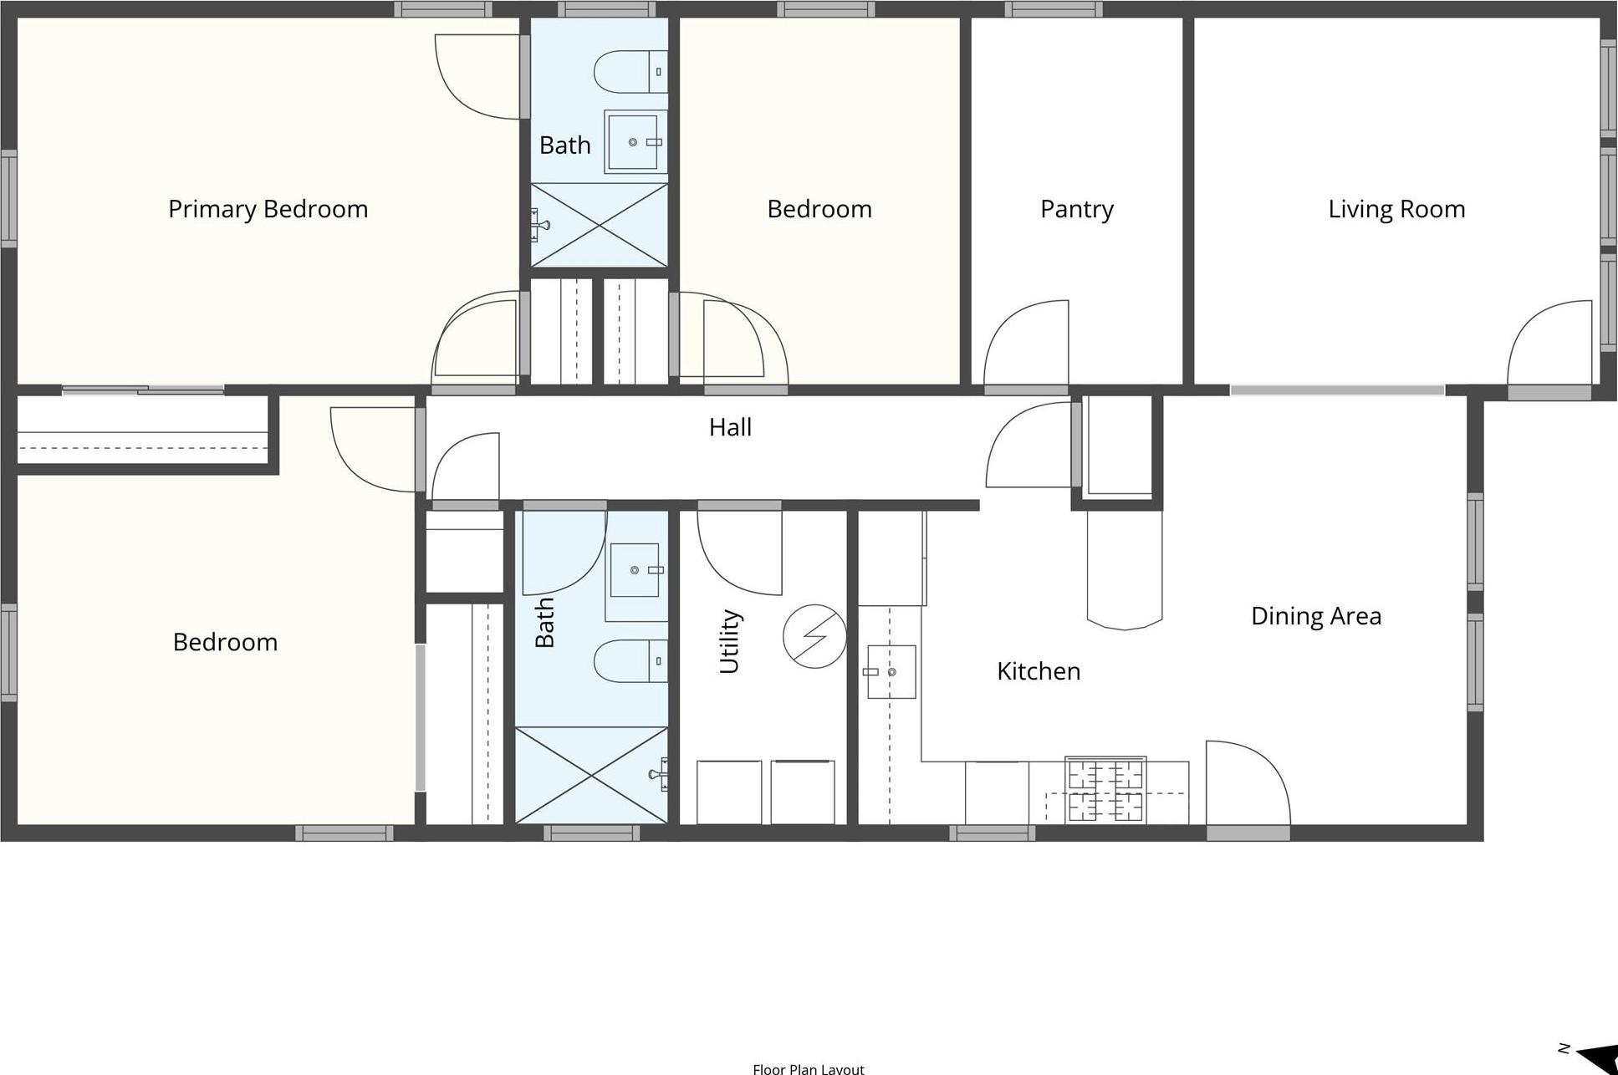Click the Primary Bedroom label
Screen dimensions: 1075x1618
click(x=268, y=209)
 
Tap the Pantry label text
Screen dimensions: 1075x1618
click(x=1076, y=209)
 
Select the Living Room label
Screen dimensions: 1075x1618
click(x=1396, y=209)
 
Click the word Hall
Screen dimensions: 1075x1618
click(x=730, y=427)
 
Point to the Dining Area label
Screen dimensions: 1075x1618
click(x=1315, y=616)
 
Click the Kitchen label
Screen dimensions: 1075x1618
click(x=1038, y=671)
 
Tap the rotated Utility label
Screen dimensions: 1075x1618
click(x=730, y=641)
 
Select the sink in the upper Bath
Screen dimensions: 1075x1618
click(x=635, y=142)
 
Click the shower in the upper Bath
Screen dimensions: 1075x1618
click(x=600, y=225)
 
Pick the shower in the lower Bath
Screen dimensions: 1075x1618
click(x=591, y=775)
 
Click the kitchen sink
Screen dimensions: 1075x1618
click(x=891, y=671)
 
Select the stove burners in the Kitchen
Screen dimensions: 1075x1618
click(x=1105, y=790)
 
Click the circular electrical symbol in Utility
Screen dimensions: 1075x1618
click(x=814, y=636)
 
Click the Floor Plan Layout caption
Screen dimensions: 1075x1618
click(x=808, y=1068)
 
